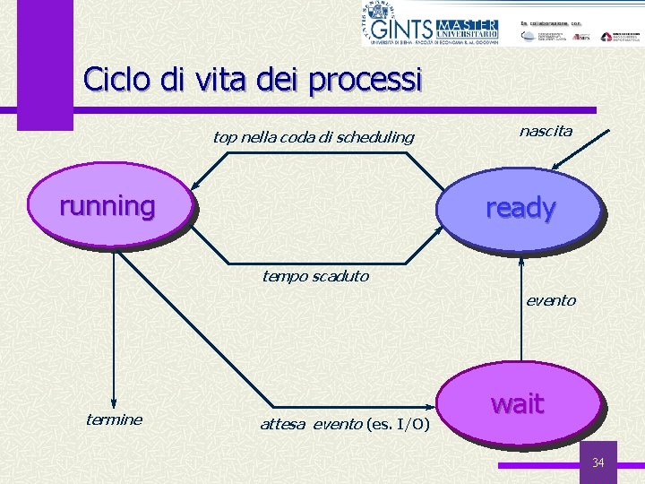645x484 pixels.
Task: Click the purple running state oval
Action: click(107, 207)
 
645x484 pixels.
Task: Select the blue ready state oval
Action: click(520, 209)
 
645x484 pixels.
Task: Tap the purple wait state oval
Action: click(518, 404)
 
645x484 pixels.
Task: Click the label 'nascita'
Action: click(546, 131)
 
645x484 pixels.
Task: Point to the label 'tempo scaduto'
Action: click(314, 276)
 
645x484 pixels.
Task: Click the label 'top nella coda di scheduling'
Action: click(314, 137)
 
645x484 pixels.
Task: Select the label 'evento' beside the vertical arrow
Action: click(550, 300)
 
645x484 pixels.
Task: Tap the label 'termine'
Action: click(114, 419)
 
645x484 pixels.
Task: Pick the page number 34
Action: click(598, 462)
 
